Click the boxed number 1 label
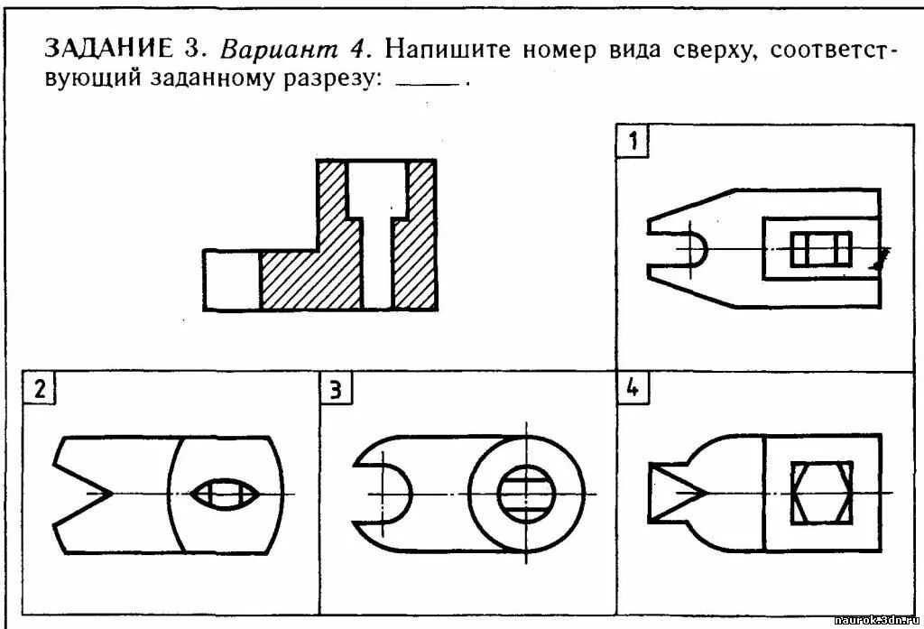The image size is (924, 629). [633, 141]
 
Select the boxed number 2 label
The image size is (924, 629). [39, 389]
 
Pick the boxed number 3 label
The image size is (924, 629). [335, 389]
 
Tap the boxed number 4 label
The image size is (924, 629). [633, 389]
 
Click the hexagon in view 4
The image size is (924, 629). [821, 492]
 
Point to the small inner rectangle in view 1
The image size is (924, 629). [820, 248]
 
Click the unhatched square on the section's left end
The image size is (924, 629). [231, 280]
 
